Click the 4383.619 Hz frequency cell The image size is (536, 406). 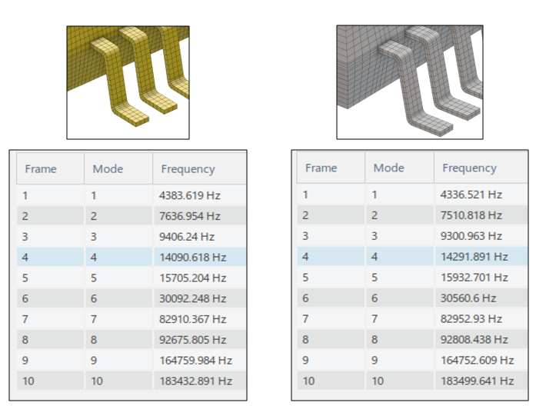pyautogui.click(x=189, y=195)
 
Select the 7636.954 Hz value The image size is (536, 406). pyautogui.click(x=189, y=216)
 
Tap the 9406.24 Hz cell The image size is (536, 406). pyautogui.click(x=187, y=237)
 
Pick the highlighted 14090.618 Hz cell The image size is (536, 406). pyautogui.click(x=192, y=257)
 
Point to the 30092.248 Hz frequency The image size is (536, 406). pyautogui.click(x=192, y=298)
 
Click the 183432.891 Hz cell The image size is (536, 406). pyautogui.click(x=195, y=381)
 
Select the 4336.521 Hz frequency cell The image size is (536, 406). pyautogui.click(x=471, y=195)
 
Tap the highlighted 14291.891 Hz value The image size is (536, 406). pyautogui.click(x=474, y=256)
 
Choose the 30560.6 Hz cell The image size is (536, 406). pyautogui.click(x=468, y=298)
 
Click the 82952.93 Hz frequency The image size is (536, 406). pyautogui.click(x=471, y=318)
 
